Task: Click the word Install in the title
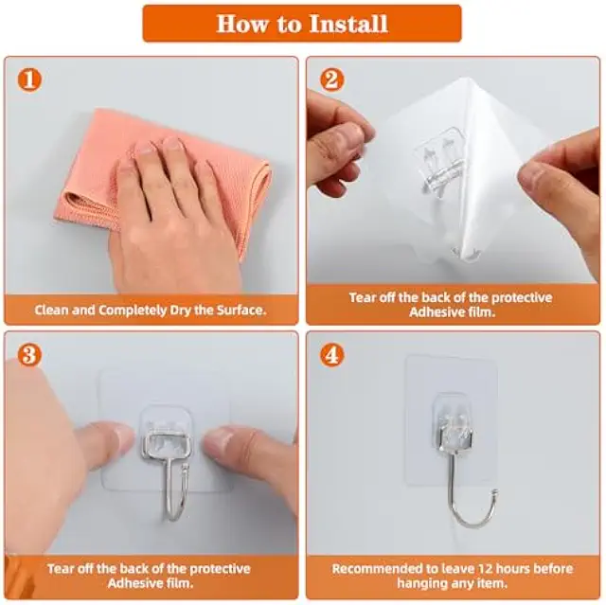pos(349,24)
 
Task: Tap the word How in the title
pos(242,24)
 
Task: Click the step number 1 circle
pos(29,80)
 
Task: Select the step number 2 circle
pos(331,80)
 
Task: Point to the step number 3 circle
pos(29,355)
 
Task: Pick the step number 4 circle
pos(331,355)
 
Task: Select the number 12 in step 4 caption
pos(485,568)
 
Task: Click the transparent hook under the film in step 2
pos(440,162)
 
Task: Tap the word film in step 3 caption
pos(180,583)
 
